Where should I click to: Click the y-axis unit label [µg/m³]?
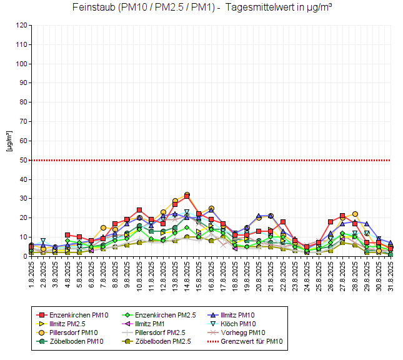click(x=9, y=141)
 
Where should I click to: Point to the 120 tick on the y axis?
click(x=22, y=26)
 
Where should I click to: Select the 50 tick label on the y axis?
click(x=24, y=160)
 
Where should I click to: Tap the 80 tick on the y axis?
click(x=24, y=102)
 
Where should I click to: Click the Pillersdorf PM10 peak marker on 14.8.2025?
click(x=187, y=195)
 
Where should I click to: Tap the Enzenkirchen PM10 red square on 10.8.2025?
click(x=139, y=211)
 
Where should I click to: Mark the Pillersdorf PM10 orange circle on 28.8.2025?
click(x=355, y=214)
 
